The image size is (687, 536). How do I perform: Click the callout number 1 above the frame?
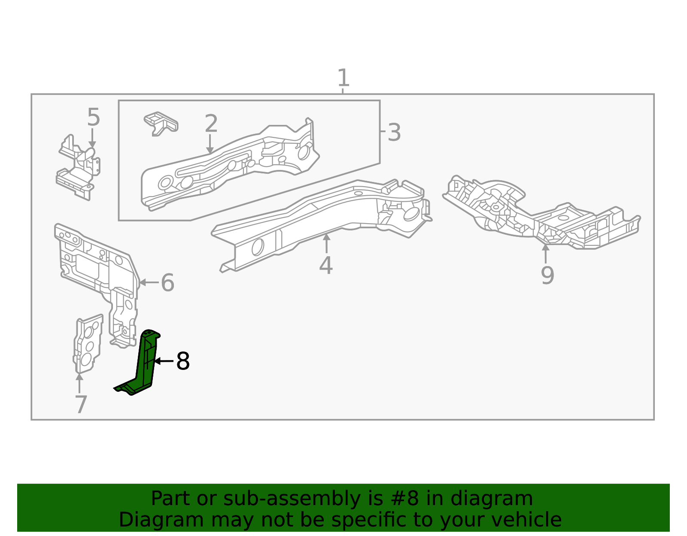[343, 78]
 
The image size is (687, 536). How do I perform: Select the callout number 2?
[211, 124]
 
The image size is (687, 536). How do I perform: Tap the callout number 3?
[394, 133]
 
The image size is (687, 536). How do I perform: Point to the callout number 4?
[326, 265]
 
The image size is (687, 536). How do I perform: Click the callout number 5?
[93, 117]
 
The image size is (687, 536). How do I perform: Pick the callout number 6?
[167, 283]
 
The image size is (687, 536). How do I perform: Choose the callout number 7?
[81, 404]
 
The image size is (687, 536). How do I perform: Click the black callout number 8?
[183, 361]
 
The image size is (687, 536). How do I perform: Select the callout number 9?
[547, 275]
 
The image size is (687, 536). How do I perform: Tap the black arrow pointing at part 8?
[164, 361]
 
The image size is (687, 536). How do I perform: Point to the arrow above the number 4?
[326, 243]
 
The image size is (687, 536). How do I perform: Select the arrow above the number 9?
[545, 253]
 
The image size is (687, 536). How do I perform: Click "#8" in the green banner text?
[406, 499]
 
